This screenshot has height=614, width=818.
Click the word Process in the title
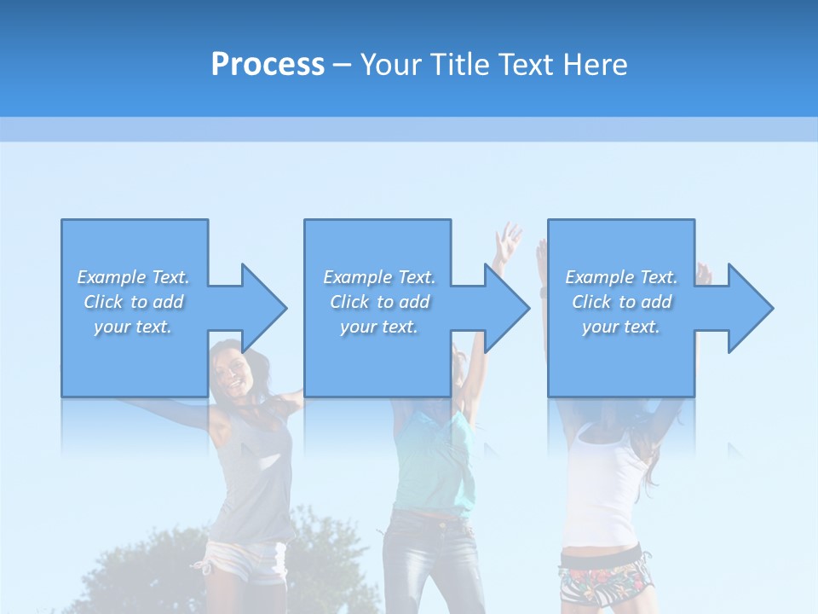(x=268, y=64)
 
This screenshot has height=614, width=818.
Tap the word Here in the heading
(x=596, y=64)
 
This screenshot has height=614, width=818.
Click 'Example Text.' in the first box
(x=134, y=277)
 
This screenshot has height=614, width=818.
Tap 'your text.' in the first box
(x=133, y=327)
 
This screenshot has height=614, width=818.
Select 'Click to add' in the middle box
(x=379, y=302)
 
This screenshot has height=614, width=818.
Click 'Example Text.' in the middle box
(x=379, y=277)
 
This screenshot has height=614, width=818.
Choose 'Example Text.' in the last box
(x=621, y=277)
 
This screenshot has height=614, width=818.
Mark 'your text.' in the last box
(x=621, y=327)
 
